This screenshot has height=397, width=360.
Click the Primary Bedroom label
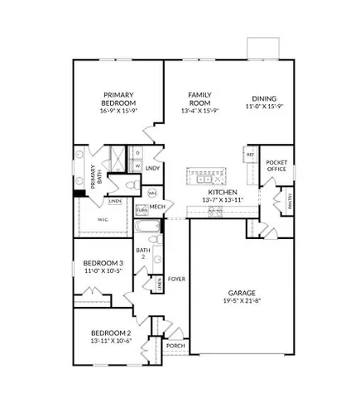point(119,99)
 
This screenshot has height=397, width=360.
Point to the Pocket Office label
point(276,168)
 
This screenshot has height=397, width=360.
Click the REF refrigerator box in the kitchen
point(250,155)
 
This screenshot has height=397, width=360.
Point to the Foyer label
point(176,279)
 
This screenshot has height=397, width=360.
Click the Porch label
point(175,346)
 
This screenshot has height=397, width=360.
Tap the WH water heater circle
point(152,193)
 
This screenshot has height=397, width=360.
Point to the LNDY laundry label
point(151,169)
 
